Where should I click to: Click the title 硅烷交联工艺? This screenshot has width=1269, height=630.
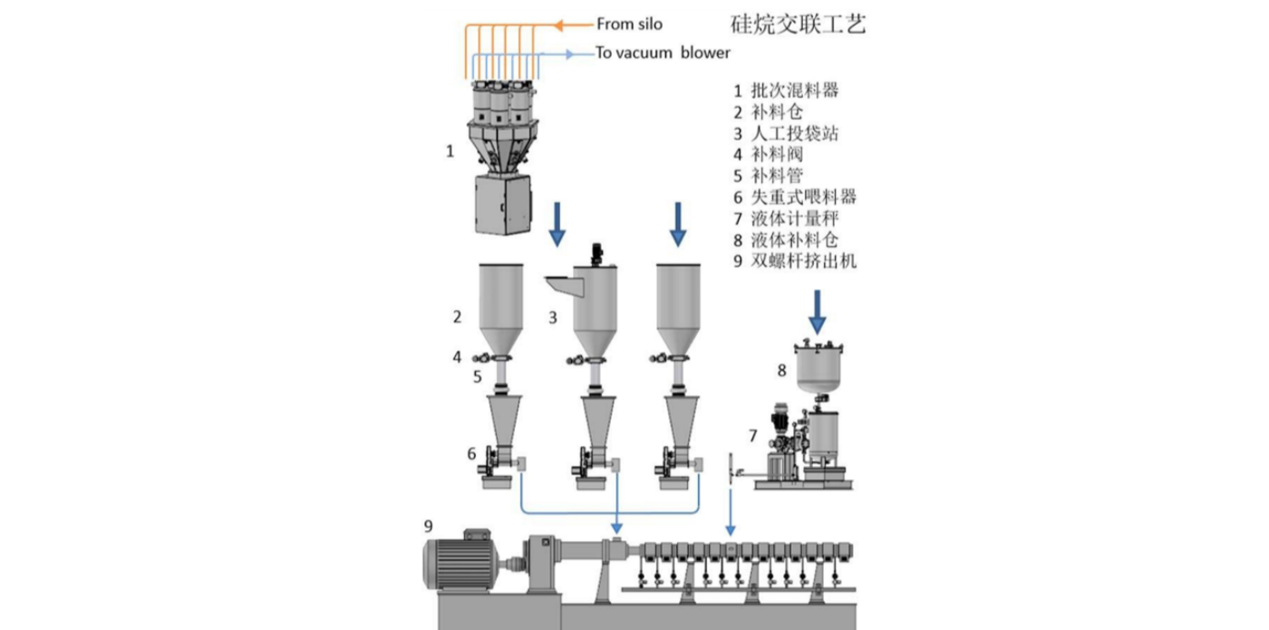(x=798, y=24)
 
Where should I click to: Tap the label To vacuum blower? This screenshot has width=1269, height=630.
(x=663, y=53)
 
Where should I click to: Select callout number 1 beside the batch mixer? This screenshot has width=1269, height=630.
(x=450, y=151)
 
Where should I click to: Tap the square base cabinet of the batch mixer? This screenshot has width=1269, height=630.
(x=501, y=206)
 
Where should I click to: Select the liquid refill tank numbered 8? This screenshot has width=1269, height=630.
(x=819, y=367)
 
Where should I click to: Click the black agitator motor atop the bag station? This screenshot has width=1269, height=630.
(x=596, y=254)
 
